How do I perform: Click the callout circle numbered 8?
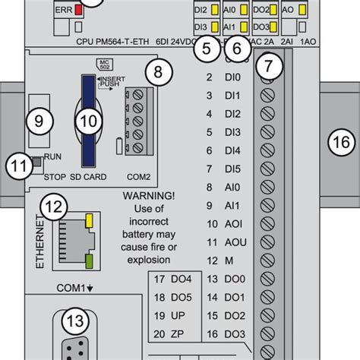pos(157,73)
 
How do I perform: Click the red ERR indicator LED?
pos(78,13)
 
